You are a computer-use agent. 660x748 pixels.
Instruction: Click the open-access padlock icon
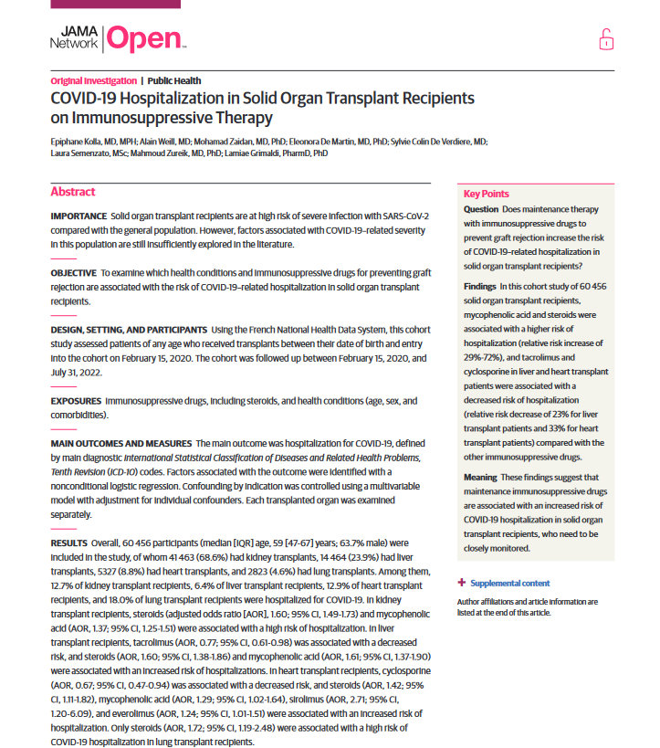click(x=606, y=39)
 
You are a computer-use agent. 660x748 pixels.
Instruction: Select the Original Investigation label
click(x=93, y=80)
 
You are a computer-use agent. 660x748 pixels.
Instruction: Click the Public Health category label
click(x=174, y=80)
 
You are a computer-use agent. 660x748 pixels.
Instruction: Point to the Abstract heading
click(x=73, y=192)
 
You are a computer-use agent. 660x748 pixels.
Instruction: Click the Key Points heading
click(x=487, y=195)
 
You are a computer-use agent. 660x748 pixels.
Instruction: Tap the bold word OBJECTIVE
click(x=73, y=273)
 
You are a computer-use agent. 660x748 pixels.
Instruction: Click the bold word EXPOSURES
click(x=76, y=401)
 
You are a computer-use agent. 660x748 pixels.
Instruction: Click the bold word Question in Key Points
click(x=481, y=209)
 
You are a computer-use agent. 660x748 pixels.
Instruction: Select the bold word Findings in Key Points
click(x=480, y=286)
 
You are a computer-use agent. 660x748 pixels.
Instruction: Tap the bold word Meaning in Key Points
click(x=480, y=477)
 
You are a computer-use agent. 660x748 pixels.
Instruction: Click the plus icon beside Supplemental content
click(x=461, y=583)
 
